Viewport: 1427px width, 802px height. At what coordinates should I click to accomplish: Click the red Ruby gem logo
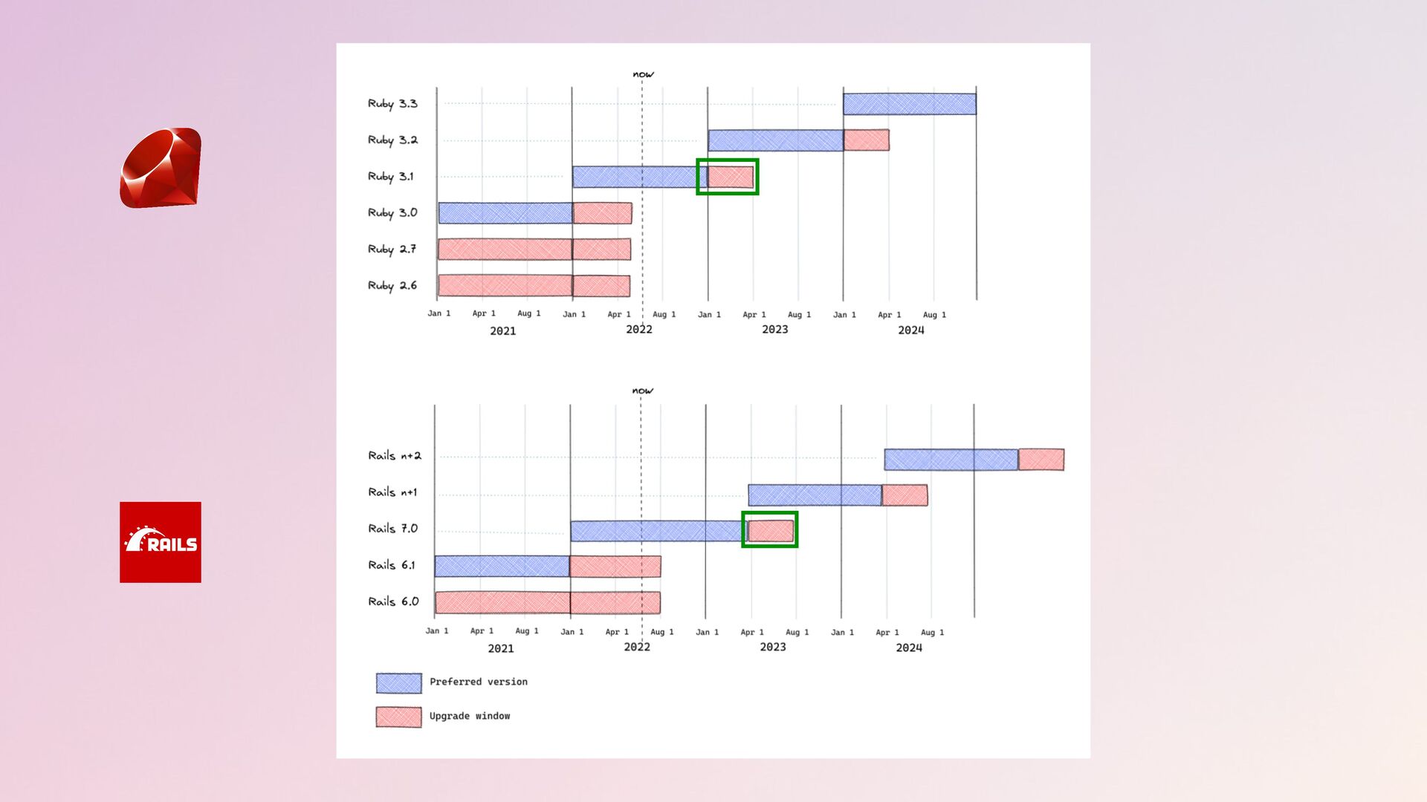pos(161,168)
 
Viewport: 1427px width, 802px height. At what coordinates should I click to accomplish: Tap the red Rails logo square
pos(161,542)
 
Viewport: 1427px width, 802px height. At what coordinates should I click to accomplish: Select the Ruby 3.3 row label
pos(392,104)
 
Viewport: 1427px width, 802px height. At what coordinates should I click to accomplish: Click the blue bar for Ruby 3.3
pos(910,104)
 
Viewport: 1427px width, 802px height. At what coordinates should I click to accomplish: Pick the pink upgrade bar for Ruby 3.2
pos(867,140)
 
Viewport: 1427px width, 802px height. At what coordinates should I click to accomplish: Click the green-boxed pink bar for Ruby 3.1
pos(731,177)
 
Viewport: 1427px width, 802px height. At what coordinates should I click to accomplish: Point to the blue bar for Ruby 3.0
pos(505,213)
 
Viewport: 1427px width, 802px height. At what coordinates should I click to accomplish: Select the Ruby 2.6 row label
pos(392,286)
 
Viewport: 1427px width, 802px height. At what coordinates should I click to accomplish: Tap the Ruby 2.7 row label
pos(392,250)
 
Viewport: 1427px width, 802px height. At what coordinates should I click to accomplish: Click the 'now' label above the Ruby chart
pos(644,74)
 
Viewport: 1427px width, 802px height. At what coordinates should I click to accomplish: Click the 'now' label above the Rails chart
pos(643,391)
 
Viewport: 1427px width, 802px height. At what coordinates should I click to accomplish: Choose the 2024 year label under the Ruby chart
pos(911,330)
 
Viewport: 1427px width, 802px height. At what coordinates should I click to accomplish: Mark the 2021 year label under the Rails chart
pos(501,648)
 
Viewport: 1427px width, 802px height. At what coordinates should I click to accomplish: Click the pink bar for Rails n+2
pos(1041,460)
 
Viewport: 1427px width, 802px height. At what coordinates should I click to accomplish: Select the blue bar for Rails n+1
pos(815,495)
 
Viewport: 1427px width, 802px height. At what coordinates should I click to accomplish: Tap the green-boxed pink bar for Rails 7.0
pos(771,530)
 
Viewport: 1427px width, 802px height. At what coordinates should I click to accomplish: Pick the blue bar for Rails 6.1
pos(502,566)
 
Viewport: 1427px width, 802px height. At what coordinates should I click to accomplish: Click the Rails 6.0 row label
pos(394,601)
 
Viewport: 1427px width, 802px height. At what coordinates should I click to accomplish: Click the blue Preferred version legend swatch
pos(399,683)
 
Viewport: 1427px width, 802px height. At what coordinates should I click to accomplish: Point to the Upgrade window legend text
pos(470,717)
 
